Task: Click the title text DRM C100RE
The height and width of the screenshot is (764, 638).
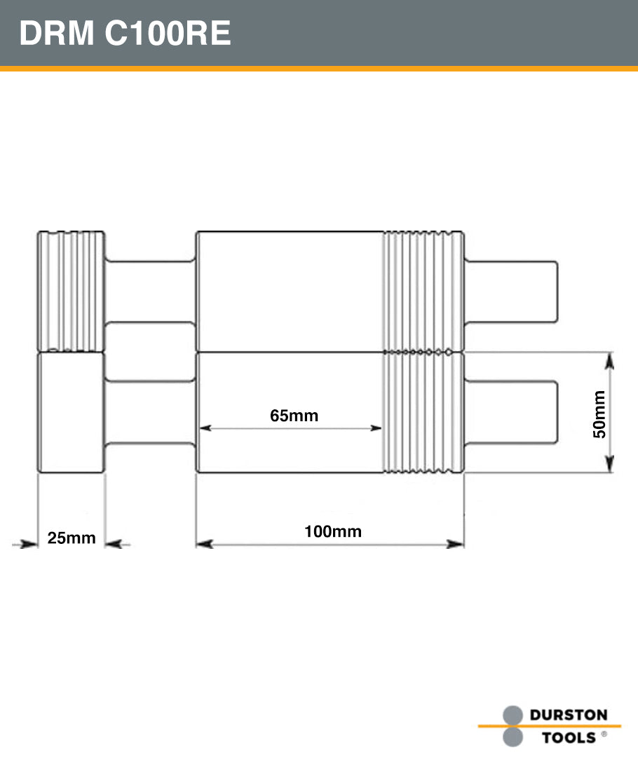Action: pyautogui.click(x=125, y=34)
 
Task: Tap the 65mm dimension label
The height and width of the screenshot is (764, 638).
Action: pyautogui.click(x=294, y=416)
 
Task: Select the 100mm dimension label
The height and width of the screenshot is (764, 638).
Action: pyautogui.click(x=332, y=531)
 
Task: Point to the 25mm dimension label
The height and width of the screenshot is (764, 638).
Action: pyautogui.click(x=71, y=538)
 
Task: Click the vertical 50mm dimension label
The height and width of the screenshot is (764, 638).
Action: pyautogui.click(x=599, y=414)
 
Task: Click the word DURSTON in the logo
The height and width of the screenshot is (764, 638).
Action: pyautogui.click(x=568, y=716)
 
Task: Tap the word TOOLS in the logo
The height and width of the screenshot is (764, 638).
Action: pyautogui.click(x=569, y=737)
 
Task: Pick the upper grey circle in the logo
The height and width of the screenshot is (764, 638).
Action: pyautogui.click(x=513, y=715)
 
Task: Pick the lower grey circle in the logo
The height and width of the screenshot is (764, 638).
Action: pyautogui.click(x=513, y=737)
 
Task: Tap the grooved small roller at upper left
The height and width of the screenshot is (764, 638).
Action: pyautogui.click(x=71, y=291)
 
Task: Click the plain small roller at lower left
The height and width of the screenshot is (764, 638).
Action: pyautogui.click(x=71, y=412)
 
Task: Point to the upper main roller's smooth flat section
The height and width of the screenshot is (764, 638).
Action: pyautogui.click(x=289, y=291)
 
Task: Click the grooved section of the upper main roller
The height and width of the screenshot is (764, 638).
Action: pyautogui.click(x=423, y=291)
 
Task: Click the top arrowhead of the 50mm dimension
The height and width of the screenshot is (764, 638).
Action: pyautogui.click(x=609, y=362)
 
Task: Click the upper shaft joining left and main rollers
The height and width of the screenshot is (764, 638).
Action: pyautogui.click(x=150, y=291)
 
